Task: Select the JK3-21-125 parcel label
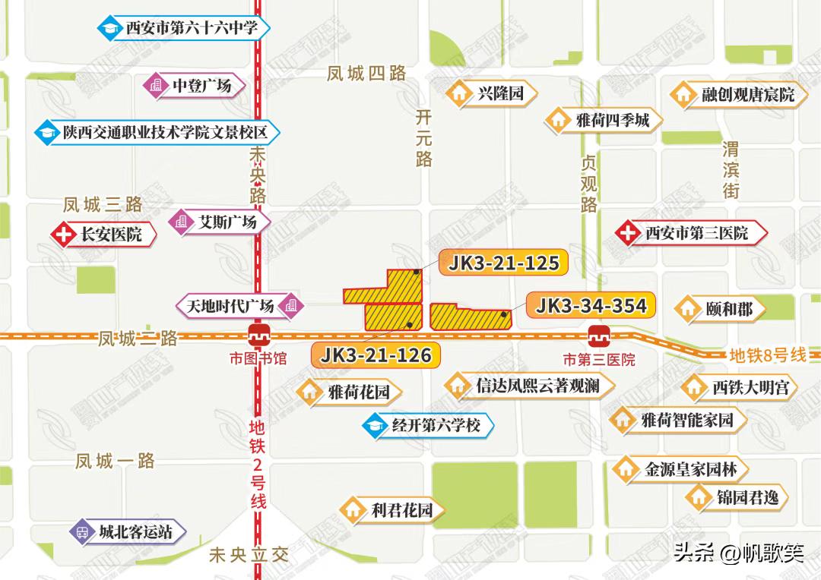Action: pyautogui.click(x=504, y=263)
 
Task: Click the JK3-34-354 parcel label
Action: pyautogui.click(x=591, y=306)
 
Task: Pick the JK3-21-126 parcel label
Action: pyautogui.click(x=376, y=355)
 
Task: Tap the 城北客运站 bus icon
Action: pyautogui.click(x=82, y=532)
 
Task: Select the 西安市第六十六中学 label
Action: pyautogui.click(x=192, y=29)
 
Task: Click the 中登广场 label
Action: pyautogui.click(x=201, y=85)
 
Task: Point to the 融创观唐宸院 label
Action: pyautogui.click(x=748, y=95)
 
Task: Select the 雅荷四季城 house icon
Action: pyautogui.click(x=558, y=120)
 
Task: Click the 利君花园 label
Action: pyautogui.click(x=402, y=509)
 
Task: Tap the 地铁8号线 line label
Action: pyautogui.click(x=767, y=355)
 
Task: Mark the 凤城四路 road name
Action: pyautogui.click(x=366, y=74)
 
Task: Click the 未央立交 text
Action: pyautogui.click(x=249, y=556)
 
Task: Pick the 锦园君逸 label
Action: pyautogui.click(x=748, y=498)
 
